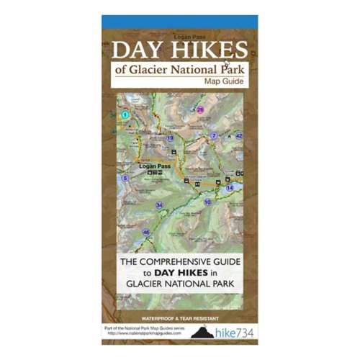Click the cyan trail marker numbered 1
coord(125,114)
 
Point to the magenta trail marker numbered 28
coord(200,110)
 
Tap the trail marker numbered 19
coord(170,138)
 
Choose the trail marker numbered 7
coord(214,136)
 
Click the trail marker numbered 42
coord(239,135)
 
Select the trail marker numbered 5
coord(125,178)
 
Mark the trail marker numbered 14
coord(230,188)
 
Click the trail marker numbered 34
coord(159,204)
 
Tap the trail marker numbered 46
coord(146,232)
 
